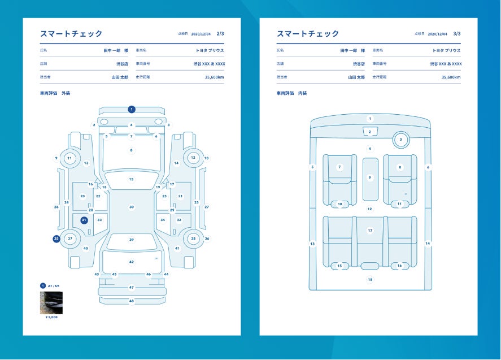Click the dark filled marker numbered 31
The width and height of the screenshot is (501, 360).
tap(84, 220)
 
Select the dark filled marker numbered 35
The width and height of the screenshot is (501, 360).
tap(56, 239)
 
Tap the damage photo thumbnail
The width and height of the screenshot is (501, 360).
tap(51, 302)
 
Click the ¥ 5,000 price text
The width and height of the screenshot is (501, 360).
tap(51, 317)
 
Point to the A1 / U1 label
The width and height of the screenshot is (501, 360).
tap(54, 286)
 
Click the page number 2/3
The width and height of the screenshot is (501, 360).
tap(220, 34)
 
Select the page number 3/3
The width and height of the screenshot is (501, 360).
tap(457, 34)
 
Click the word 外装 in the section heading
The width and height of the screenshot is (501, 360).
tap(66, 93)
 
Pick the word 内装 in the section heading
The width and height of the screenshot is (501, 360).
tap(302, 93)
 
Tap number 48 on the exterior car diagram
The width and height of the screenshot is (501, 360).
tap(132, 301)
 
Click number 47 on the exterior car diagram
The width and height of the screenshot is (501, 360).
tap(132, 288)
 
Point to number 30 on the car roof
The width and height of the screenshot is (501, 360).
tap(132, 207)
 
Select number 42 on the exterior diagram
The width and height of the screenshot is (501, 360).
tap(132, 262)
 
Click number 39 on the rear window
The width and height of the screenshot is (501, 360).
tap(132, 240)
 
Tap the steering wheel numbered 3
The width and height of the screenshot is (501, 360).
tap(400, 139)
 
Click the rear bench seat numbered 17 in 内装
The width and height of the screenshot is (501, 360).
tap(370, 231)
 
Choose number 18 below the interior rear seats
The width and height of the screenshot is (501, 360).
tap(370, 279)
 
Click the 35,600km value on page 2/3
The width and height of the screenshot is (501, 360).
tap(214, 77)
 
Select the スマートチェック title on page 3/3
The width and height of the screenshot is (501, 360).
tap(308, 34)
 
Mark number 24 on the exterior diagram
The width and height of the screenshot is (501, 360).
tap(66, 202)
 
